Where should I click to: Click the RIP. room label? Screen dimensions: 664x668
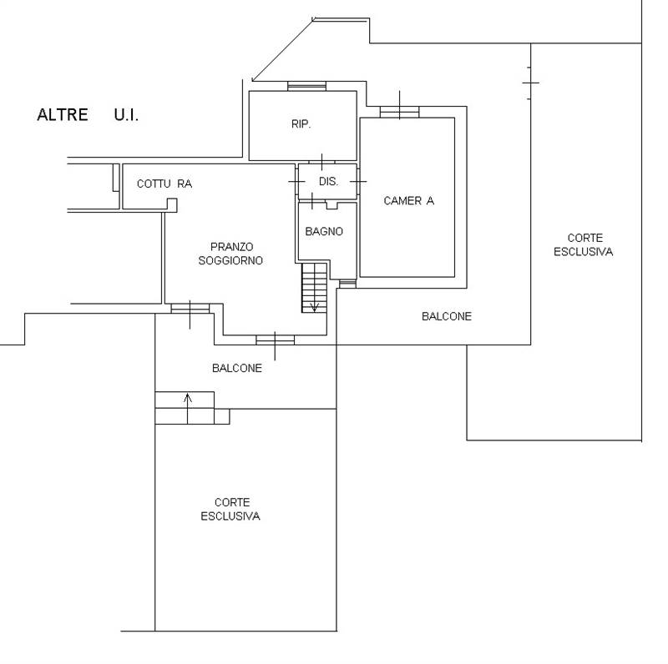tap(301, 123)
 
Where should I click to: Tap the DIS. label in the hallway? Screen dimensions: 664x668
tap(327, 181)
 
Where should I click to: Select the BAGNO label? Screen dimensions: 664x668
tap(324, 232)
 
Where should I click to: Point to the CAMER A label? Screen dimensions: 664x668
tap(408, 200)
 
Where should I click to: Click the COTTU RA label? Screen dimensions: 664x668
tap(164, 184)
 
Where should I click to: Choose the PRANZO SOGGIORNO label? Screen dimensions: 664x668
tap(231, 254)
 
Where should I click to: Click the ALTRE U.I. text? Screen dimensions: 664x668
tap(88, 115)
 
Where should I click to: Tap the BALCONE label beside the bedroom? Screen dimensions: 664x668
tap(446, 316)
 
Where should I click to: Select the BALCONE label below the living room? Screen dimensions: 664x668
tap(236, 368)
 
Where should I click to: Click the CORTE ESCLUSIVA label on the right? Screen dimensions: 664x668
tap(583, 244)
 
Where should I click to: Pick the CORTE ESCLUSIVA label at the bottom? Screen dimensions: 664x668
tap(230, 509)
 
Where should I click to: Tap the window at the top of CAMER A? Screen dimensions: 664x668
tap(399, 111)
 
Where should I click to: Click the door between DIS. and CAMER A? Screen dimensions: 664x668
tap(358, 181)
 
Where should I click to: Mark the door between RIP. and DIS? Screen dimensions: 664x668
tap(321, 161)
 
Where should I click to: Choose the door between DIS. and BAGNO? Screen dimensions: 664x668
tap(311, 201)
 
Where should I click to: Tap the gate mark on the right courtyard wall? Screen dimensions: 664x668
tap(530, 82)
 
